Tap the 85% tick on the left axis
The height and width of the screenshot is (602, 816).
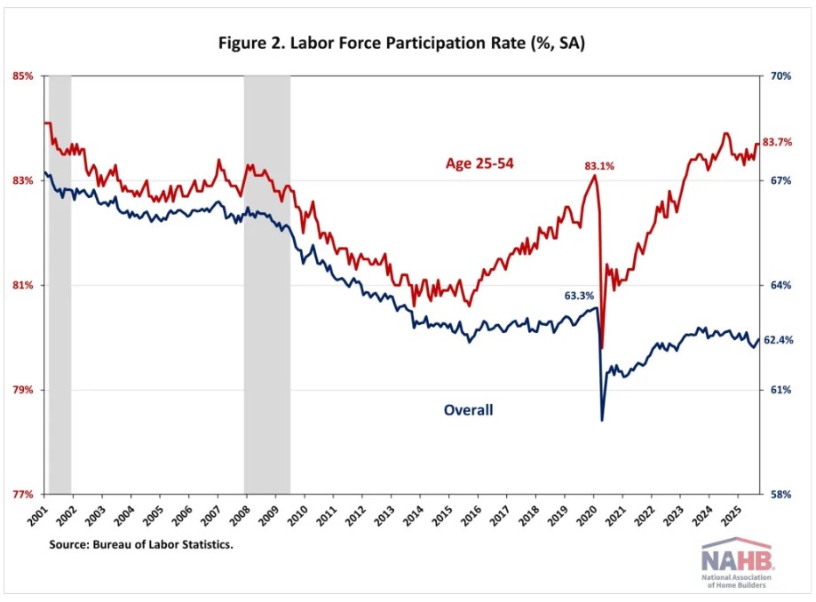[22, 76]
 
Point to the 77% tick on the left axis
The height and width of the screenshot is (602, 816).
[22, 495]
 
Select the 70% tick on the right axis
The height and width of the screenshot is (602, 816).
[780, 76]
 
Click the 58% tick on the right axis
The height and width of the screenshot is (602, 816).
[780, 495]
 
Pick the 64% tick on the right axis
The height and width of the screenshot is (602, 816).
[780, 285]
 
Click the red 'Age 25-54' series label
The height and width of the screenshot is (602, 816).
[480, 163]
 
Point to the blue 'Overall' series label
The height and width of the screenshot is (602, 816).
[468, 409]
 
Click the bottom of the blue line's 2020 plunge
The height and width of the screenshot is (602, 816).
[602, 419]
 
